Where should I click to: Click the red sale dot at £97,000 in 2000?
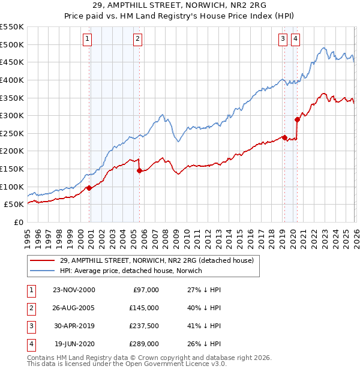click(89, 188)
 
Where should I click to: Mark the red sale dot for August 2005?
click(139, 171)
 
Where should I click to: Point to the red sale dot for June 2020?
click(297, 119)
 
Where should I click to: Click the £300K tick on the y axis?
click(12, 115)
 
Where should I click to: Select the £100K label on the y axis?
click(12, 187)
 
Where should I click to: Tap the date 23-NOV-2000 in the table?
click(74, 290)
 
